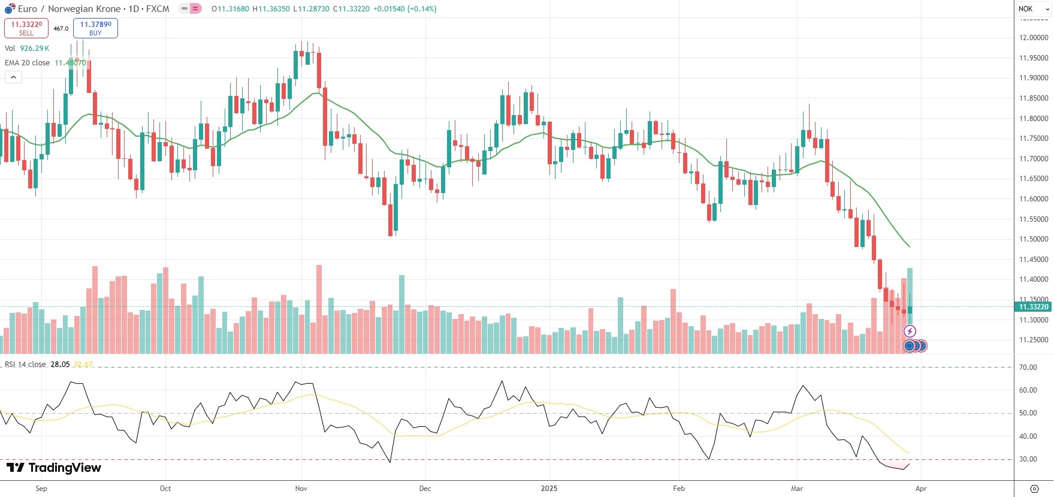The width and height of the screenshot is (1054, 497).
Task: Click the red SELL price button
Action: (x=26, y=28)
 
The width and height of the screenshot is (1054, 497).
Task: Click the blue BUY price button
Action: (x=95, y=28)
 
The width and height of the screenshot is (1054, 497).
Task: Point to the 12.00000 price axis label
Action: (x=1034, y=38)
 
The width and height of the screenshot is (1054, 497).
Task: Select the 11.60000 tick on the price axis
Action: (x=1034, y=199)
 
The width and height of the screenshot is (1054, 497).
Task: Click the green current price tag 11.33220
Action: (x=1034, y=307)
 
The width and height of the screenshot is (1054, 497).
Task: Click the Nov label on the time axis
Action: (x=301, y=489)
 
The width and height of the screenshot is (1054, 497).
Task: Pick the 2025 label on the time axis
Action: (x=549, y=489)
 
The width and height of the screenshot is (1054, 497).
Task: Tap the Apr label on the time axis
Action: (x=921, y=489)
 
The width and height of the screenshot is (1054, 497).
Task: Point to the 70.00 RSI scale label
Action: (x=1028, y=368)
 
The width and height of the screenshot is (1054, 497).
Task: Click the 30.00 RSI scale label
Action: (x=1028, y=459)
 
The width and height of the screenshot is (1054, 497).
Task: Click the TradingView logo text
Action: (x=54, y=468)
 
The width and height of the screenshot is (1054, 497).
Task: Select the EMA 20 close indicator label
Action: (x=28, y=63)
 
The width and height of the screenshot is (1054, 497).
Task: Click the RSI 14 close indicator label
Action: (x=25, y=365)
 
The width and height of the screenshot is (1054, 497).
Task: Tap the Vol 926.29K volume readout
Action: (x=27, y=49)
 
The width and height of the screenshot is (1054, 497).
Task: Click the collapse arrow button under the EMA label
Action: (x=13, y=77)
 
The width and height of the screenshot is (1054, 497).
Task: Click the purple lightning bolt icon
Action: (x=910, y=332)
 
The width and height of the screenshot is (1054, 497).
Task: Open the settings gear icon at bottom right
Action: (x=1034, y=489)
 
